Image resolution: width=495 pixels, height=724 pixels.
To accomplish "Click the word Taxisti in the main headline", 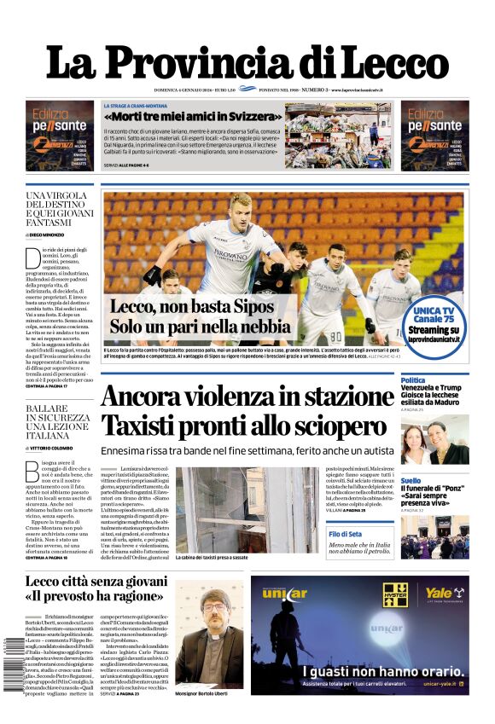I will point(149,425).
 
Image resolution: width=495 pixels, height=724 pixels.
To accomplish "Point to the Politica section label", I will point(413,380).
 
